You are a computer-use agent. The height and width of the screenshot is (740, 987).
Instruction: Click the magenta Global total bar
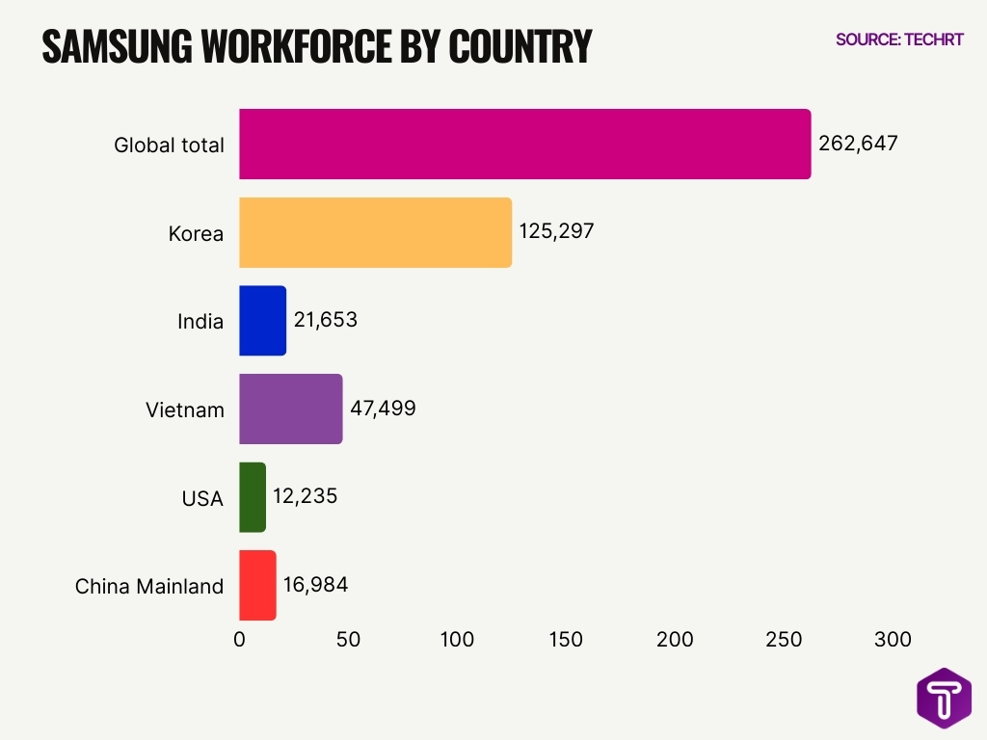524,145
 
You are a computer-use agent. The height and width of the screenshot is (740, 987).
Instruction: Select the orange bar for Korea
375,232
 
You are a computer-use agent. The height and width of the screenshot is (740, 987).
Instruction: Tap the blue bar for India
262,321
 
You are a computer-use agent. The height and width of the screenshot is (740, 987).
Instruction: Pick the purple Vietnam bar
290,409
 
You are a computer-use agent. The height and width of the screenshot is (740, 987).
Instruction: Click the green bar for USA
252,497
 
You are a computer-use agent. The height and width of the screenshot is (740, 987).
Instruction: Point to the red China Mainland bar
257,585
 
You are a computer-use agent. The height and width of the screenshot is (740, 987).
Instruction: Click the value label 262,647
858,144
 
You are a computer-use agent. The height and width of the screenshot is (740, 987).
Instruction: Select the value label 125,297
557,231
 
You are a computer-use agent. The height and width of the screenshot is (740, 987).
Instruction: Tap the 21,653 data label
326,320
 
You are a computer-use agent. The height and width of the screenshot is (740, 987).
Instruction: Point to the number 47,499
383,408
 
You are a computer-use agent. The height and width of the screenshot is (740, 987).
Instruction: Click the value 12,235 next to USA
306,496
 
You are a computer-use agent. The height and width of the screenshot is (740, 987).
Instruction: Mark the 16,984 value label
315,584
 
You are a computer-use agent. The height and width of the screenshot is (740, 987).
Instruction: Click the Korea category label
196,233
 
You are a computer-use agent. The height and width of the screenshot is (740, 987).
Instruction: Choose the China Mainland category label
149,586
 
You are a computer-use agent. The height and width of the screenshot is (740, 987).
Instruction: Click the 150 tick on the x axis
566,640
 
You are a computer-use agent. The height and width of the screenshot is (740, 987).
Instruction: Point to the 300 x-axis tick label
893,640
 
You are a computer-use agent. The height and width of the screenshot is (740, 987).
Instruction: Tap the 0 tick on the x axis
239,640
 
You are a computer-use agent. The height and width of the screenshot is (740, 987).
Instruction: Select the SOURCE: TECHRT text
899,40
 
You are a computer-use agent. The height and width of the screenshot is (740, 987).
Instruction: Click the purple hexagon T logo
944,699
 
